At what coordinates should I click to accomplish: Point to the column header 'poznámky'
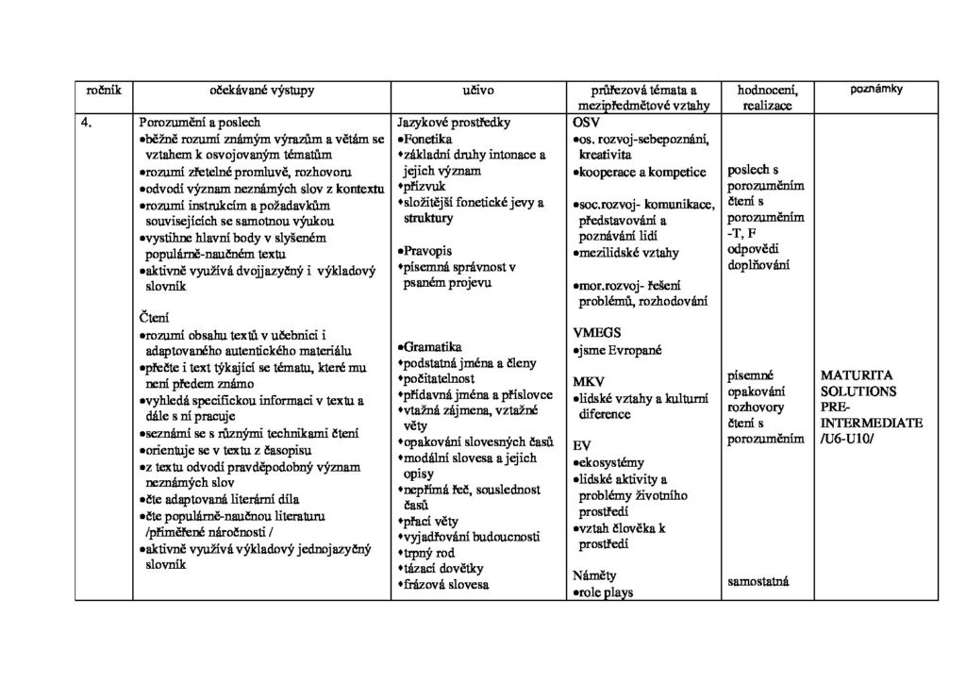[876, 89]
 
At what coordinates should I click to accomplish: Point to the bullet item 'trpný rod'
[433, 553]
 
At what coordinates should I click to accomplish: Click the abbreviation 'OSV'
[586, 123]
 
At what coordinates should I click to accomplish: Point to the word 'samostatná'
[758, 581]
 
